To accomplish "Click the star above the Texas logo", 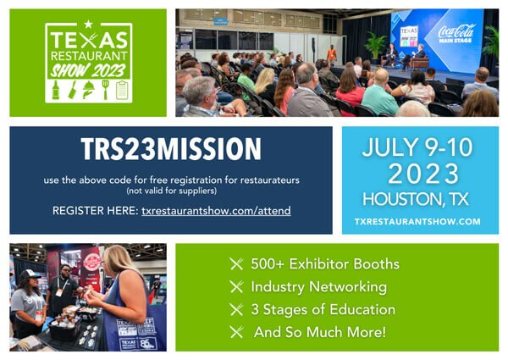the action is click(x=88, y=25).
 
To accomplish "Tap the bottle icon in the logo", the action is click(x=56, y=90).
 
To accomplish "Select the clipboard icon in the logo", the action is click(x=122, y=90).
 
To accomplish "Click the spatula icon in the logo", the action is click(x=106, y=90).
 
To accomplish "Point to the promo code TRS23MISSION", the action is click(x=171, y=149).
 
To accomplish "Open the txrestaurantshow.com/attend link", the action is click(x=216, y=211).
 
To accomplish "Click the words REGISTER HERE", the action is click(x=95, y=211).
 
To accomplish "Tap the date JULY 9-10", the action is click(x=417, y=147).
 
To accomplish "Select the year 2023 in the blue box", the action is click(x=423, y=174).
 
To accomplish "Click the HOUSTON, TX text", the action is click(x=416, y=199).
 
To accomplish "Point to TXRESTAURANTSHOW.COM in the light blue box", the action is click(x=417, y=222).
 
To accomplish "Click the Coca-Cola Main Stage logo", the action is click(x=456, y=33).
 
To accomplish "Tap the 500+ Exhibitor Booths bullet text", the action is click(x=325, y=264).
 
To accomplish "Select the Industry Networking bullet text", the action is click(x=319, y=287).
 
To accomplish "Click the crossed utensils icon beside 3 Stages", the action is click(x=236, y=309).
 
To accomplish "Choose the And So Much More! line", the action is click(x=320, y=332).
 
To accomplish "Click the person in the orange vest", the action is click(x=331, y=54).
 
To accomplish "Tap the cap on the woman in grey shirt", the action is click(x=30, y=274).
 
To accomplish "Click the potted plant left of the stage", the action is click(x=376, y=47).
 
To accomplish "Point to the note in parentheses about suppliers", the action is click(x=171, y=191).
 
